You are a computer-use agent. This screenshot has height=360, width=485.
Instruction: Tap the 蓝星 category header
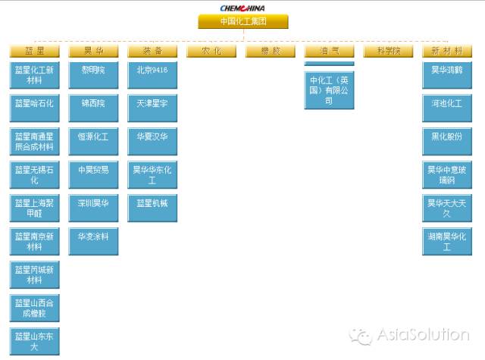pos(34,52)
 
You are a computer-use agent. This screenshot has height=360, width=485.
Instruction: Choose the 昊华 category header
pos(93,52)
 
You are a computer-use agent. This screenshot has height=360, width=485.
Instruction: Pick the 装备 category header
pos(152,52)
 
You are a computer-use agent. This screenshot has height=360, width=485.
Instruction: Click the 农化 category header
pos(211,52)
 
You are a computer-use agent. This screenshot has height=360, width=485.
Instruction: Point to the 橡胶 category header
pos(271,52)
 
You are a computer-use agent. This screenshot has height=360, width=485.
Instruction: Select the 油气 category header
pos(329,52)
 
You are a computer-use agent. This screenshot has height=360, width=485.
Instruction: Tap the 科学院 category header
pos(388,52)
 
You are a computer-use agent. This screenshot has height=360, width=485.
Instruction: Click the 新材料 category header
pos(447,52)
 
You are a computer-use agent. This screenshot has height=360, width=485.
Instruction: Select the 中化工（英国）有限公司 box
pos(329,89)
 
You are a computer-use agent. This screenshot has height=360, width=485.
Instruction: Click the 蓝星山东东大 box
pos(34,341)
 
